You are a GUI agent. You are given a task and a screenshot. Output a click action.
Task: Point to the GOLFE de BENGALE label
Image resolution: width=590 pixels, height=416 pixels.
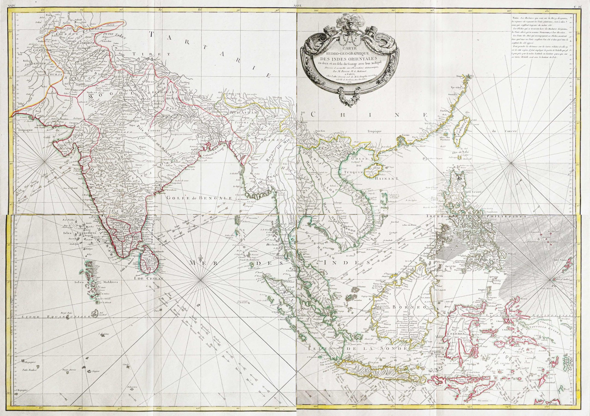(199, 198)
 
